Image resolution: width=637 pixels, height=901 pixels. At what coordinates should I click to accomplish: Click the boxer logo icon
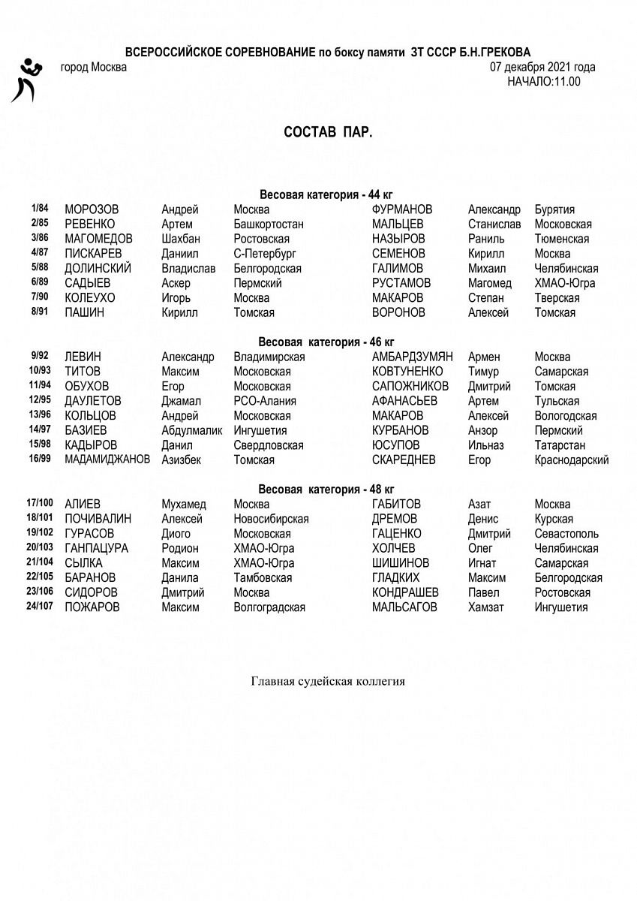pos(26,79)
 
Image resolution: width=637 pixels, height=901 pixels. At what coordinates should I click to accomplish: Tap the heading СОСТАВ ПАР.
pos(328,132)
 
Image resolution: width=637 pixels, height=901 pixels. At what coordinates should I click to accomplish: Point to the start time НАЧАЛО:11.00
pos(543,82)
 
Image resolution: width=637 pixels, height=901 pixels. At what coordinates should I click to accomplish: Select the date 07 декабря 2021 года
pos(542,68)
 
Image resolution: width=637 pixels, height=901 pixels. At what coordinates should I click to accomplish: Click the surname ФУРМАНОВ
pos(402,209)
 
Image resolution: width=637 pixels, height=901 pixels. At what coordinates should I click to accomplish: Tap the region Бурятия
pos(554,209)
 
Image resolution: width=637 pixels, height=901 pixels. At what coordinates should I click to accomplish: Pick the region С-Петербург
pos(265,254)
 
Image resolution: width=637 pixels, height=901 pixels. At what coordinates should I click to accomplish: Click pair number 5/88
pos(39,267)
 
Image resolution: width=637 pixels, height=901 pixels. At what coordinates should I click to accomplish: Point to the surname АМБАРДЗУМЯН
pos(412,357)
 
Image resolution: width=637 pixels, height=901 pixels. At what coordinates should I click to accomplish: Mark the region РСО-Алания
pos(265,401)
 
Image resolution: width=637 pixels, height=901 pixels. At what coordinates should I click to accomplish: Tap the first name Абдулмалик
pos(192,430)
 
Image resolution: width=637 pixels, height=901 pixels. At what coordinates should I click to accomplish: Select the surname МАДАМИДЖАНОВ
pos(107,460)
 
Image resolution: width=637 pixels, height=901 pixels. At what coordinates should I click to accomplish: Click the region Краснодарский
pos(571,460)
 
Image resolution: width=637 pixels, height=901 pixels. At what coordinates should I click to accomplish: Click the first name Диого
pos(177,534)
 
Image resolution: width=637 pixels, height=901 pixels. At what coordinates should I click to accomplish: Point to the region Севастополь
pos(566,534)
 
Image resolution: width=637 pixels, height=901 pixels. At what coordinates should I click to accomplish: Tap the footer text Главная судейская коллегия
pos(328,682)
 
